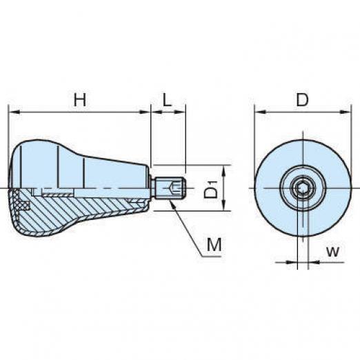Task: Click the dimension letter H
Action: point(80,100)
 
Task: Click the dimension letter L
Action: point(168,100)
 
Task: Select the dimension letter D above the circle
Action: point(302,100)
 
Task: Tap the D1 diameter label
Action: point(211,190)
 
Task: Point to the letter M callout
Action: point(214,244)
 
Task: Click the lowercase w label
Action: point(332,252)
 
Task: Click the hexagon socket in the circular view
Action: point(301,188)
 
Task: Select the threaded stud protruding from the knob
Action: point(170,188)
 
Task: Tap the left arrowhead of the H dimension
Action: point(14,112)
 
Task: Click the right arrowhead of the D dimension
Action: point(346,112)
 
